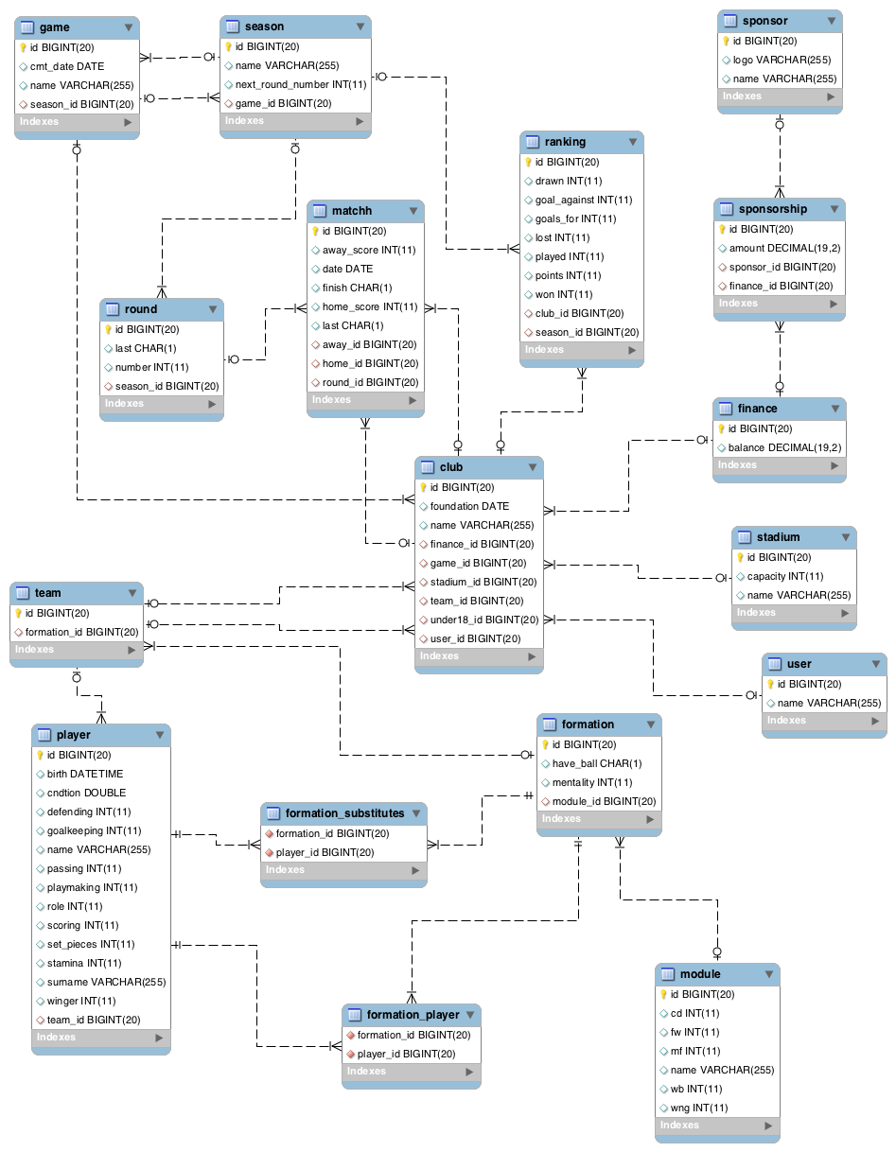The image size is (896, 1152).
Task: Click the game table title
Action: point(55,27)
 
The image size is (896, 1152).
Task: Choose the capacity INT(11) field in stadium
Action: point(785,576)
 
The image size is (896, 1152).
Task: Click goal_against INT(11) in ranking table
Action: point(584,200)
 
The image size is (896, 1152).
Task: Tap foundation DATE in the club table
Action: point(469,506)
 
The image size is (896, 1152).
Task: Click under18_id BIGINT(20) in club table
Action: point(483,620)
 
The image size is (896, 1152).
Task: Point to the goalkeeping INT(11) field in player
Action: point(95,830)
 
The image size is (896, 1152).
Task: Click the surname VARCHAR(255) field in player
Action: point(106,982)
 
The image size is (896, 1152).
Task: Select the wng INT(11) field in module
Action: point(699,1108)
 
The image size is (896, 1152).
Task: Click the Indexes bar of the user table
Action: point(823,721)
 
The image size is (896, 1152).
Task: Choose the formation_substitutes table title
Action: point(344,812)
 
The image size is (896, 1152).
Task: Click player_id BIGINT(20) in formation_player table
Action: point(406,1054)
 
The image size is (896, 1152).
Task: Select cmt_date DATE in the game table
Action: point(67,66)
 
